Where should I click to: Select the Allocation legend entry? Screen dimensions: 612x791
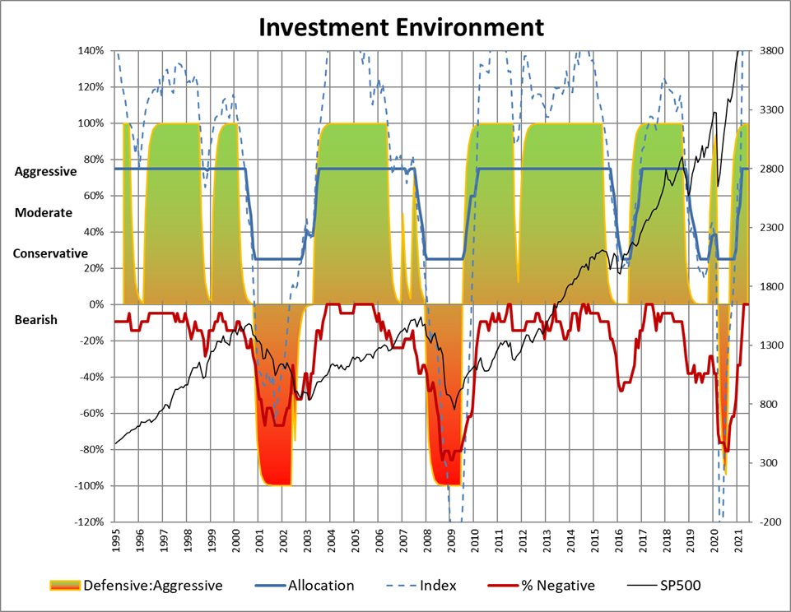tap(320, 586)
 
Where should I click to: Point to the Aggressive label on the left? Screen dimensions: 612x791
tap(45, 172)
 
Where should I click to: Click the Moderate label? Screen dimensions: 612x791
tap(44, 212)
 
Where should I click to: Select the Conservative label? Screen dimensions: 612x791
tap(50, 253)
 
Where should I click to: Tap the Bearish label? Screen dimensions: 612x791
tap(36, 319)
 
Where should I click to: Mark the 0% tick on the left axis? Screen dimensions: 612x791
tap(95, 305)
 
